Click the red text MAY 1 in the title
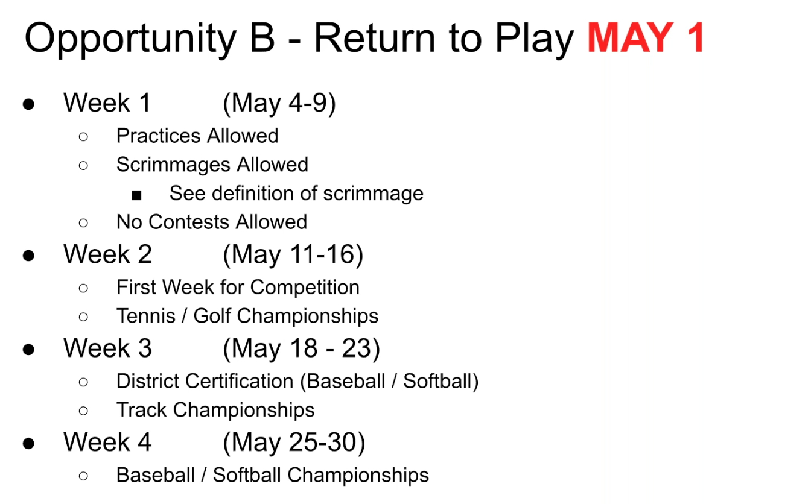[x=646, y=37]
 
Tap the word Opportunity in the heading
[x=130, y=39]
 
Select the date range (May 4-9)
[x=279, y=104]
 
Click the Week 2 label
[x=107, y=254]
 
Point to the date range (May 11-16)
[x=293, y=255]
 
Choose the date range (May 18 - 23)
[x=301, y=349]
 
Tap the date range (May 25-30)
[x=294, y=443]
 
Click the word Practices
[x=159, y=136]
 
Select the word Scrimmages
[x=173, y=165]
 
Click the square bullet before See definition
[x=136, y=195]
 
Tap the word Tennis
[x=145, y=316]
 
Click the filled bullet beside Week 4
[x=28, y=443]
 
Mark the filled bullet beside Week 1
[x=28, y=104]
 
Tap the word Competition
[x=305, y=288]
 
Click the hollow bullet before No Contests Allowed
[x=83, y=223]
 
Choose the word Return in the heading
[x=375, y=37]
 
